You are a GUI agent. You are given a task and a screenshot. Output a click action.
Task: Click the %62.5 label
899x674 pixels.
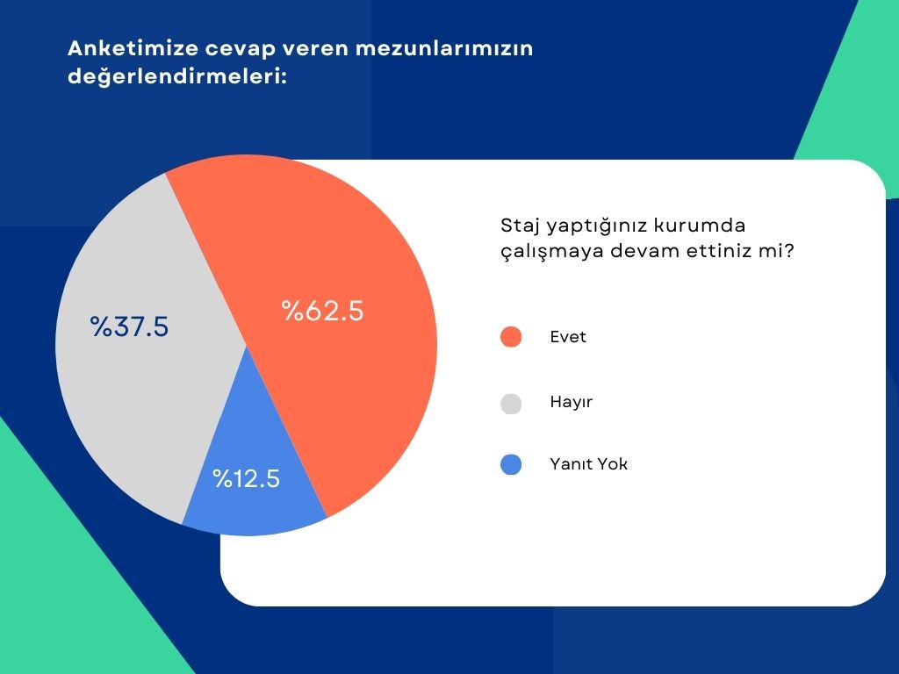coord(323,311)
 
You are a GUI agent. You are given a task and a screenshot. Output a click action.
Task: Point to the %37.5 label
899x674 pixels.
coord(129,326)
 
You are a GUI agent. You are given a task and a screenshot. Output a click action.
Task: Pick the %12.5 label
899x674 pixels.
coord(247,478)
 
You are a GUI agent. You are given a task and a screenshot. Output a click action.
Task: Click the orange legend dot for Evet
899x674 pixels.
coord(511,337)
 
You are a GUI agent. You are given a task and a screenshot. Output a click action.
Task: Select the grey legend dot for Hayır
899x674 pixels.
coord(511,404)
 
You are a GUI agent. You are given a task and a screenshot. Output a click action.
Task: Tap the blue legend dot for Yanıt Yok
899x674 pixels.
coord(511,464)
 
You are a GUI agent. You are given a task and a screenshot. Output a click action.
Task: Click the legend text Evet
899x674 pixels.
coord(568,337)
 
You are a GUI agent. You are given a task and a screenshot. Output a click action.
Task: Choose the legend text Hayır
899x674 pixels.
coord(571,402)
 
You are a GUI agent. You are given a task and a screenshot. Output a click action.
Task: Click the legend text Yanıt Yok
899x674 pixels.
coord(589,463)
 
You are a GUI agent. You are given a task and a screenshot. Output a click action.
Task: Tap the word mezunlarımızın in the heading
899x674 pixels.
coord(444,48)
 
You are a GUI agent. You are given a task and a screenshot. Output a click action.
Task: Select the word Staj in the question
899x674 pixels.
coord(521,226)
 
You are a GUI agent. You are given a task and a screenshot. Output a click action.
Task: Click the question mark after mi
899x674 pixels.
coord(789,250)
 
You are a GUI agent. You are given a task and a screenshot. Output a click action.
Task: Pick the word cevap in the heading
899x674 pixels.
coord(241,50)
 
